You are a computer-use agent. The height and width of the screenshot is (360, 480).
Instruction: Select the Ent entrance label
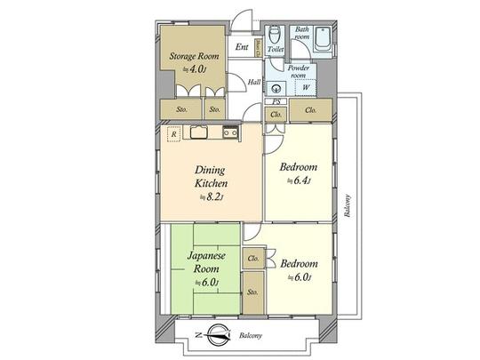click(241, 47)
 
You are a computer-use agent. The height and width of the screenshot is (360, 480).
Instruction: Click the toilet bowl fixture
click(276, 35)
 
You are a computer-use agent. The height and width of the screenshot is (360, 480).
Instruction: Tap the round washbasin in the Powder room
click(276, 87)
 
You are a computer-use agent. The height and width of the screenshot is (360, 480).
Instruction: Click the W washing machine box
click(306, 87)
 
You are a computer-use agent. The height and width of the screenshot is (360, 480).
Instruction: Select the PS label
click(276, 103)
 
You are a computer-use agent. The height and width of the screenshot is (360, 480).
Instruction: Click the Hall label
click(253, 83)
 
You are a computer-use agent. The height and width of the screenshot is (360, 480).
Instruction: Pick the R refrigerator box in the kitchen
click(173, 134)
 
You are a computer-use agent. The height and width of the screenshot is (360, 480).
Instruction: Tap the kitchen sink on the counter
click(199, 133)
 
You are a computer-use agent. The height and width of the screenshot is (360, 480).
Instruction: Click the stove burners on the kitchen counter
click(229, 133)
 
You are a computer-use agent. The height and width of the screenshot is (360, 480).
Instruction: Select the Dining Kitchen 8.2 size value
click(211, 197)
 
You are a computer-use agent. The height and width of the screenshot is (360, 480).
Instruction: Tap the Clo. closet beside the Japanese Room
click(253, 259)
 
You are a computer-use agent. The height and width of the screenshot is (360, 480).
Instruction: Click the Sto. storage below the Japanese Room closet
click(253, 292)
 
